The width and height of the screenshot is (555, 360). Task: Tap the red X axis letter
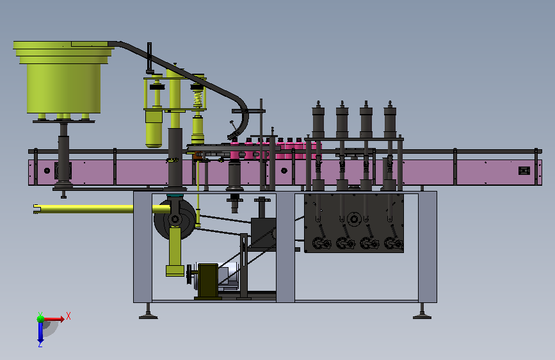(x=68, y=316)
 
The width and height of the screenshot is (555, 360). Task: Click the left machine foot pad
(x=149, y=316)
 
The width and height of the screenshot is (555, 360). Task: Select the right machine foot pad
(x=422, y=316)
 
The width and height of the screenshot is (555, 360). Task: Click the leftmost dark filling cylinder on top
(x=318, y=120)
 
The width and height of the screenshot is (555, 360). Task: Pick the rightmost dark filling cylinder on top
(x=390, y=120)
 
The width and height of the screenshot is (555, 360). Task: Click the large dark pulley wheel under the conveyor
(x=175, y=219)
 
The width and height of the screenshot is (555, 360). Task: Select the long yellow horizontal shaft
(x=102, y=209)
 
